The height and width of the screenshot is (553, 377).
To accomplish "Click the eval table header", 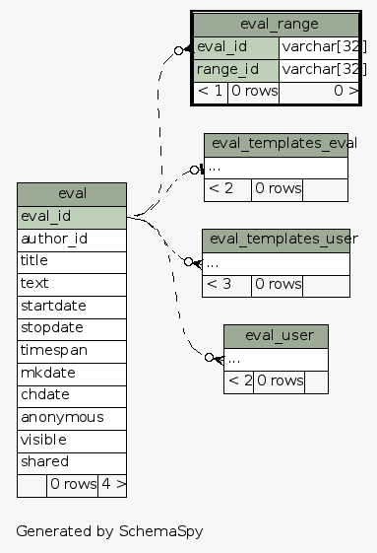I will (72, 193).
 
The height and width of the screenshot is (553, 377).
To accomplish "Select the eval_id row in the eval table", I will (72, 216).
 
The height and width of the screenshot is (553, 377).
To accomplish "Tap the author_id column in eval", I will (72, 239).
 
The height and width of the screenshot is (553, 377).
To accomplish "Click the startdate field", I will (72, 306).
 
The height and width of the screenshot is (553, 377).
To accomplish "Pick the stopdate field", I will (72, 327).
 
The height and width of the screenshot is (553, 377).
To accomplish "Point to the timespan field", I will (72, 350).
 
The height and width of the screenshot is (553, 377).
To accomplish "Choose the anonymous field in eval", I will (72, 417).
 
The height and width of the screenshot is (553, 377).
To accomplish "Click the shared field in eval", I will (72, 461).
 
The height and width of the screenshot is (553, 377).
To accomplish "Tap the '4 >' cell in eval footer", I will (112, 484).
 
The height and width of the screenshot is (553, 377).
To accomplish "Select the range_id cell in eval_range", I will (236, 70).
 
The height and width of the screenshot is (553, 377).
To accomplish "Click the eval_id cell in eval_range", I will (236, 47).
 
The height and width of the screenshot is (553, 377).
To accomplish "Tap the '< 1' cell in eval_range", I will (211, 92).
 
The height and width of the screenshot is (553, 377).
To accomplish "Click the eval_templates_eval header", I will (277, 144).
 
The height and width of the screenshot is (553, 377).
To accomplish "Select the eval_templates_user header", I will (277, 239).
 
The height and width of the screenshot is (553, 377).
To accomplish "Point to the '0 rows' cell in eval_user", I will (280, 380).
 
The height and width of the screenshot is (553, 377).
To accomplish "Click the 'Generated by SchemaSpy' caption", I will (109, 530).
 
